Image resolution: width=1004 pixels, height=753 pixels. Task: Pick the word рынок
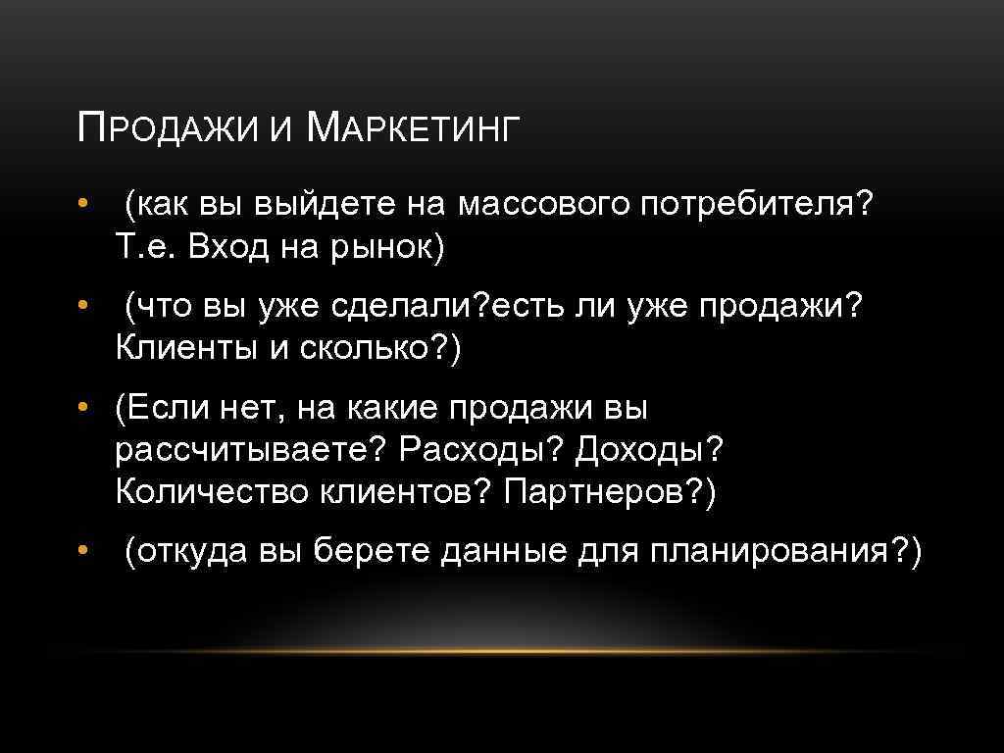386,249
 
